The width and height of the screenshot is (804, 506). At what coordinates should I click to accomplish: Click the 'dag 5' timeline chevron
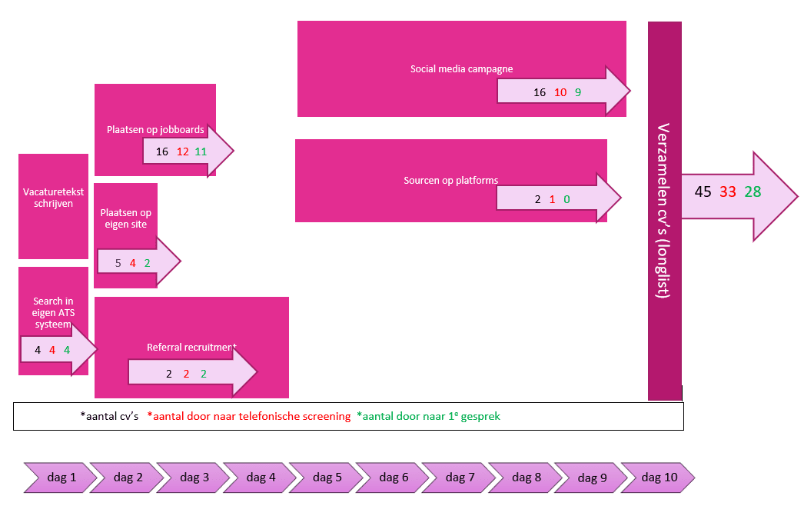point(327,478)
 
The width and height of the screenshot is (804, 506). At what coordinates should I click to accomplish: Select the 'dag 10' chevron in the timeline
point(659,478)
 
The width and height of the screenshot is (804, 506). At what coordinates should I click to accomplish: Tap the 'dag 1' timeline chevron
point(62,478)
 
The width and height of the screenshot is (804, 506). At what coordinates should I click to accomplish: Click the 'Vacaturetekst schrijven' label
point(53,198)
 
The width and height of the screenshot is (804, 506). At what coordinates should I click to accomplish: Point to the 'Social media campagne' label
point(461,69)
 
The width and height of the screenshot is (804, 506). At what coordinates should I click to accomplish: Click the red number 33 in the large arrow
point(728,192)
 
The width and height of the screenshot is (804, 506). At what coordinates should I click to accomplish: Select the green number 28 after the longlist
point(753,192)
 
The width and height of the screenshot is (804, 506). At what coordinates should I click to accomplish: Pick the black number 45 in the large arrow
point(703,192)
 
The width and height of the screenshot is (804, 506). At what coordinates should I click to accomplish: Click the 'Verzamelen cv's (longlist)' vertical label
point(664,211)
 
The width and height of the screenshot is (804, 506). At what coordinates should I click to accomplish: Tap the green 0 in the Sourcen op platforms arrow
point(566,200)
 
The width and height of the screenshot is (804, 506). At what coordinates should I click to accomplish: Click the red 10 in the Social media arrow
point(560,92)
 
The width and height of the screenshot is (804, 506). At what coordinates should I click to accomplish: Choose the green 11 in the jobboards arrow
point(201,151)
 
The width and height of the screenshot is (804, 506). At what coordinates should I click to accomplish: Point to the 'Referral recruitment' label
point(191,348)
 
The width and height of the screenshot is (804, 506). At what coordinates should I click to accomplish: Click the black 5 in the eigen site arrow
point(118,263)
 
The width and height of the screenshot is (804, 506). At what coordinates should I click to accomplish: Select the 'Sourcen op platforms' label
point(450,181)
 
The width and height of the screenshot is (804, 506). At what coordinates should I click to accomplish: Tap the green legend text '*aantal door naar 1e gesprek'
point(428,416)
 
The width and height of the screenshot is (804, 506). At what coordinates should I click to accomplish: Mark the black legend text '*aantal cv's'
point(108,416)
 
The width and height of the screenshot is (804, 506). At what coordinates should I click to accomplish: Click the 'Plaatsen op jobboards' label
point(155,130)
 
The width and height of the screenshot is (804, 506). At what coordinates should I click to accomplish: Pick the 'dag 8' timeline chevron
point(527,478)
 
